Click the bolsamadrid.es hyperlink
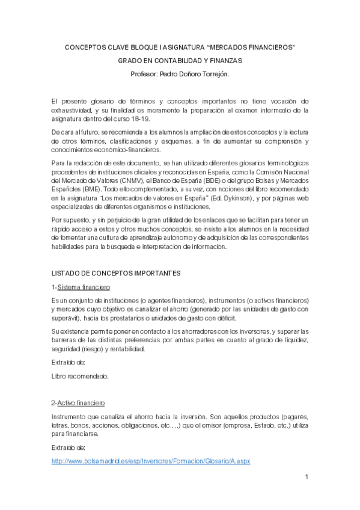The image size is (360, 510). (x=151, y=461)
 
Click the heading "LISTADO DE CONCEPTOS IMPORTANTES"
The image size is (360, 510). (x=115, y=272)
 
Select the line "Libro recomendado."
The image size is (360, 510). (x=81, y=376)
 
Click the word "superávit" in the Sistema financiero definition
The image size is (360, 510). (x=67, y=318)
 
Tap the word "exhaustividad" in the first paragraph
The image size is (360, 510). (x=75, y=111)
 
